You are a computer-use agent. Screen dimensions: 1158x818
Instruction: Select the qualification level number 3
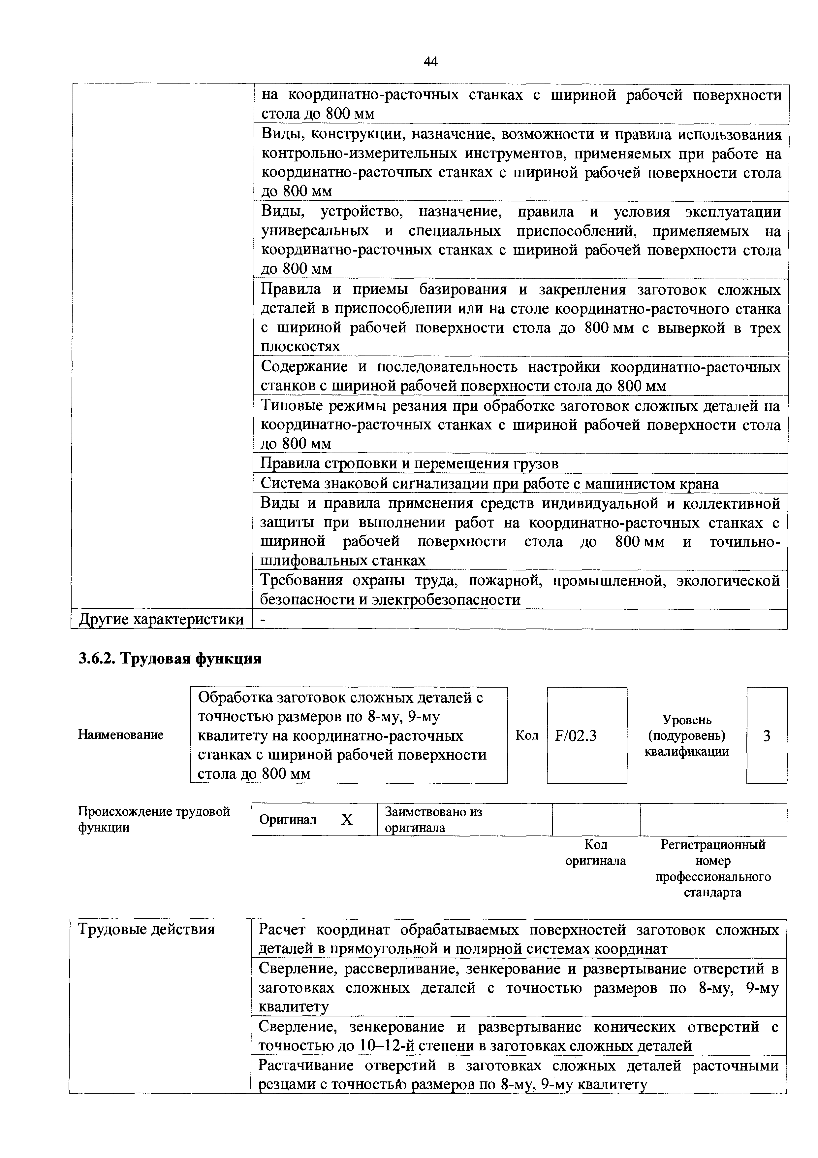[x=766, y=736]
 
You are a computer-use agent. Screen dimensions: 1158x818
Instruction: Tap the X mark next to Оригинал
[x=347, y=820]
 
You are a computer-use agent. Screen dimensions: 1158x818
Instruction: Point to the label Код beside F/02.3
[x=527, y=735]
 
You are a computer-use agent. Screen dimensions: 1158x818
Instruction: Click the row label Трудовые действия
[x=146, y=929]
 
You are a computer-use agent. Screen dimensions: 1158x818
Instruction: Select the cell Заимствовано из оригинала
[x=433, y=820]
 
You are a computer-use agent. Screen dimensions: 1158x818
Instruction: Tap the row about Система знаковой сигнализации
[x=489, y=484]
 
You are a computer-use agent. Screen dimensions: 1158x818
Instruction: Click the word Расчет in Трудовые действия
[x=283, y=930]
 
